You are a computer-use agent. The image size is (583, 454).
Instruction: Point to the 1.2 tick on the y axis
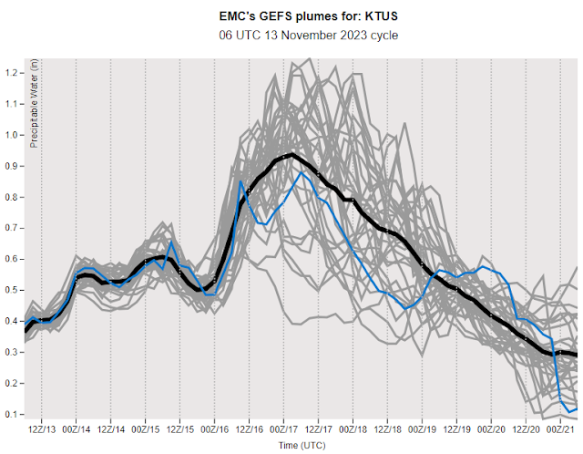[x=13, y=72]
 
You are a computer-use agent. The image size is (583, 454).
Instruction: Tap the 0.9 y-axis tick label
[x=13, y=166]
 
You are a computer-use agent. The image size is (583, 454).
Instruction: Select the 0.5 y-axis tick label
[x=13, y=290]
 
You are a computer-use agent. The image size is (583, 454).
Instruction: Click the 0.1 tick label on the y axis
[x=13, y=414]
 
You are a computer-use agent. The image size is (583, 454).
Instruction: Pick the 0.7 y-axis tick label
[x=13, y=228]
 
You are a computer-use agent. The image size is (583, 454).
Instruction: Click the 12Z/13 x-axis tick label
[x=42, y=428]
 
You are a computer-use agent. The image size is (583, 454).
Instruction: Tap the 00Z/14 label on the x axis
[x=77, y=428]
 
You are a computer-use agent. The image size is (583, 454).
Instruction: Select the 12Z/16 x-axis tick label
[x=249, y=428]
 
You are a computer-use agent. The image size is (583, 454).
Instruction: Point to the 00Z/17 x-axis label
[x=283, y=428]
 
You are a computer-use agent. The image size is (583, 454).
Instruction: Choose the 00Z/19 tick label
[x=422, y=428]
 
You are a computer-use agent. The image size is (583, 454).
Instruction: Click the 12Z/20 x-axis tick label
[x=526, y=428]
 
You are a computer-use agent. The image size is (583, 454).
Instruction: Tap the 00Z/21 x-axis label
[x=560, y=428]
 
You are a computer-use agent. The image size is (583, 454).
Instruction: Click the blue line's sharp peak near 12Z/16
[x=241, y=181]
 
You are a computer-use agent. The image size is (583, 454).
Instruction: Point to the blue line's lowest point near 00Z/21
[x=568, y=412]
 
